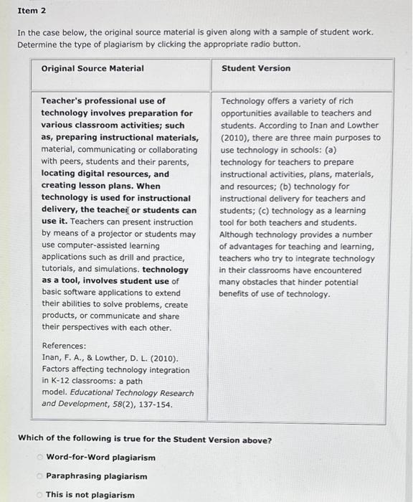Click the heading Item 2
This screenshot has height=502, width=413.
(32, 11)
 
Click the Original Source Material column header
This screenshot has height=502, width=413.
(92, 69)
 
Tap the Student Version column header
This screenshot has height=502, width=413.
(256, 69)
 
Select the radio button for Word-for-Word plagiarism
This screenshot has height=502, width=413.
(41, 458)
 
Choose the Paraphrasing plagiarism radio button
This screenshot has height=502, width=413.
(41, 476)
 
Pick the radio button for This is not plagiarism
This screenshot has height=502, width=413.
(41, 495)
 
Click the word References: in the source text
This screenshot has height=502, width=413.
(64, 346)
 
